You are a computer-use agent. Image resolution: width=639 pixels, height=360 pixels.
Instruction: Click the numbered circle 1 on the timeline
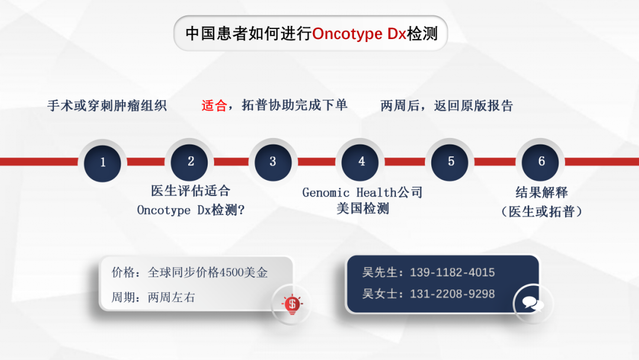coord(102,163)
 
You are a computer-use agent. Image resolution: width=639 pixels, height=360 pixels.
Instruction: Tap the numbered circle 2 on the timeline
coord(189,162)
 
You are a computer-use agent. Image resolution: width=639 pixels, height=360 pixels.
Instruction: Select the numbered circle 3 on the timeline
coord(273,162)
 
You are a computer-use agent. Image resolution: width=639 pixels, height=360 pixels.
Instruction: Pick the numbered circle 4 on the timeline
coord(360,162)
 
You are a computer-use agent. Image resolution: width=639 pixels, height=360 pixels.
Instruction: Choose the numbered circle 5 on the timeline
coord(450,162)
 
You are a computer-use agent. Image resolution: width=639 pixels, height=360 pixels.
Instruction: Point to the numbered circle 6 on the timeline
coord(540,162)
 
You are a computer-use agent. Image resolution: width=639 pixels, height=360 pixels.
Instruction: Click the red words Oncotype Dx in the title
coord(359,34)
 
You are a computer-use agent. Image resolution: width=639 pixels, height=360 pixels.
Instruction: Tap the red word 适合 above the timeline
coord(214,105)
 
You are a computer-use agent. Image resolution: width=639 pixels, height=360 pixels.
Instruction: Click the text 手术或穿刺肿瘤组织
coord(107,105)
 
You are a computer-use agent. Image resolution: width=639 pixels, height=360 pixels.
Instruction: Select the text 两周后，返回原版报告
coord(447,105)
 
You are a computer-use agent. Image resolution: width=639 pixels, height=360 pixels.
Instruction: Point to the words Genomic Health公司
coord(362,192)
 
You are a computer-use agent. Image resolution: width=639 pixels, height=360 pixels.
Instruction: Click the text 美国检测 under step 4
coord(363,209)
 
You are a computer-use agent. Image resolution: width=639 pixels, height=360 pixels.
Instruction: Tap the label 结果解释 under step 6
coord(541,192)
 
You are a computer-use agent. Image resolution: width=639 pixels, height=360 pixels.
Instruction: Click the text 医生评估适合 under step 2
coord(191,191)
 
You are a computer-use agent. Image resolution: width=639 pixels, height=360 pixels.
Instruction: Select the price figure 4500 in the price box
coord(231,272)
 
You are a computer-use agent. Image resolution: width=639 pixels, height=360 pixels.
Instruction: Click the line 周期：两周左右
coord(153,297)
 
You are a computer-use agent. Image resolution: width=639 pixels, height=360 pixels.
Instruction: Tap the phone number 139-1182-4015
coord(453,272)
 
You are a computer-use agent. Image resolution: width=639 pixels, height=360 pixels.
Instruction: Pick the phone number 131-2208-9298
coord(453,294)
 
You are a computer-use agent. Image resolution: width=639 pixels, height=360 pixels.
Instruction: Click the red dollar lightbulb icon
coord(292,304)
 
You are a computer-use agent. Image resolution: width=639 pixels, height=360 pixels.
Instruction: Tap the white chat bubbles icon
coord(532,304)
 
